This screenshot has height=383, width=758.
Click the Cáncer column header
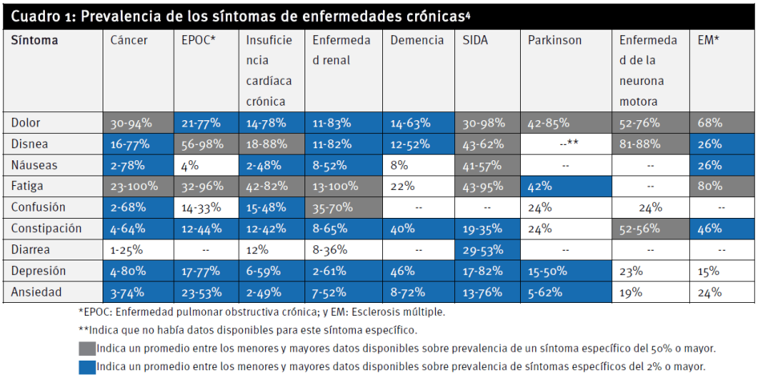click(x=129, y=40)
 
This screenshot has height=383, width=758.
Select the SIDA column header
click(x=475, y=40)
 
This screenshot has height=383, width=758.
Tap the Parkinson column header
click(x=554, y=40)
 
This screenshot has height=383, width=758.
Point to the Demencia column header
click(x=412, y=40)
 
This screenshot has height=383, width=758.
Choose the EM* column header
click(x=708, y=40)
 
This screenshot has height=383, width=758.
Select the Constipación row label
click(x=46, y=228)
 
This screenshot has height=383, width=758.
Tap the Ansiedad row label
click(x=36, y=291)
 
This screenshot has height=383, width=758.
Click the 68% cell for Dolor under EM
click(x=710, y=123)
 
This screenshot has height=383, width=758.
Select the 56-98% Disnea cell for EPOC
click(x=201, y=144)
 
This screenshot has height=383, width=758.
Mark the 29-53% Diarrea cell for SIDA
click(x=484, y=249)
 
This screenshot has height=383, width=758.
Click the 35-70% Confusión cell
click(x=332, y=208)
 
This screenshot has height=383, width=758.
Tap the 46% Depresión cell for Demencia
click(x=402, y=270)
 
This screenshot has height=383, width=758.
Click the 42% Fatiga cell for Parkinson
click(x=540, y=187)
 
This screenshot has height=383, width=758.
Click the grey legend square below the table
click(x=87, y=349)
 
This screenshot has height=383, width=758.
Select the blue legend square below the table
click(x=87, y=367)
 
